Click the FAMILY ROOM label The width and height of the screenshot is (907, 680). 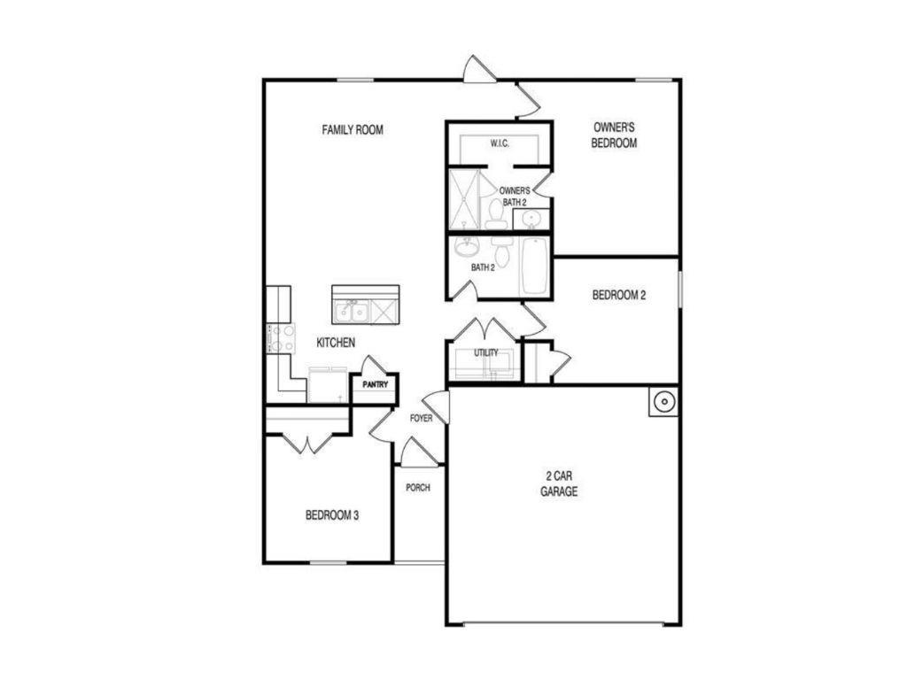coord(352,130)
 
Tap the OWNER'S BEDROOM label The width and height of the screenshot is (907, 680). coord(615,135)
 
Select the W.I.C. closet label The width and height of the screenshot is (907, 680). coord(499,143)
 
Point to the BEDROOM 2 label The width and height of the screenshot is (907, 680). coord(618,296)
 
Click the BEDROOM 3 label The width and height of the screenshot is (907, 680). coord(332,515)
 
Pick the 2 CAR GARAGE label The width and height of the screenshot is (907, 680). coord(560,483)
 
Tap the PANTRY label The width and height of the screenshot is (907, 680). coord(375,385)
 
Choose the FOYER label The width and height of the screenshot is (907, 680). coord(421,418)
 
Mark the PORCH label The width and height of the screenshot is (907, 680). coord(417,488)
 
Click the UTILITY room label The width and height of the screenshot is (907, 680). coord(486,353)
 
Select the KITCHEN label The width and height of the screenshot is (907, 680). coord(337,343)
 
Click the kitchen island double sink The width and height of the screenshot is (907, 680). coord(352,311)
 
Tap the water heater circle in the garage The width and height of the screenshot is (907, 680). coord(663,403)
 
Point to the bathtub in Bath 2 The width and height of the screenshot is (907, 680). coord(535,266)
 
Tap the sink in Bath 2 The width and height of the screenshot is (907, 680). coord(465,246)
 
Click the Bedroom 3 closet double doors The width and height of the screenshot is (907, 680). coord(307,443)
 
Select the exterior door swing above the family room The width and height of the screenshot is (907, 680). coord(479,71)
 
